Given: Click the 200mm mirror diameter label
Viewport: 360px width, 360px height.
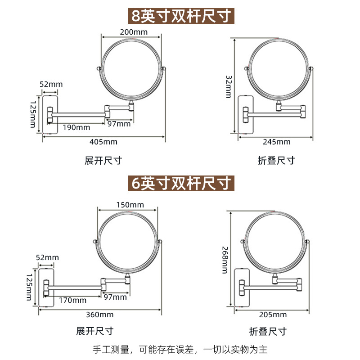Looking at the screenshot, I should tap(134, 31).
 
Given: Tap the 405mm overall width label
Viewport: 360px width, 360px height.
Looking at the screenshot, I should tap(103, 142).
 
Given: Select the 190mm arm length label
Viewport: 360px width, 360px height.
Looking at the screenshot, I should tap(76, 127).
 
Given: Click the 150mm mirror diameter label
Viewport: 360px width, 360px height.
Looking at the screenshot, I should tap(130, 205).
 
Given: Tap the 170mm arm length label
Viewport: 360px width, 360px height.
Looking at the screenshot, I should tap(73, 300).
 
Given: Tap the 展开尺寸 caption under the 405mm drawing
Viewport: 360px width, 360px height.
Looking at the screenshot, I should tap(103, 160).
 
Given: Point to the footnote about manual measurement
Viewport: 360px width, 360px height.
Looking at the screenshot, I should tap(180, 349).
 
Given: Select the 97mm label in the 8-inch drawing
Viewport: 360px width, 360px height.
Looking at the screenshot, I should tap(119, 124).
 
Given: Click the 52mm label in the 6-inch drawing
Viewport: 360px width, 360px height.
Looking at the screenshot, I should tap(48, 257).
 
